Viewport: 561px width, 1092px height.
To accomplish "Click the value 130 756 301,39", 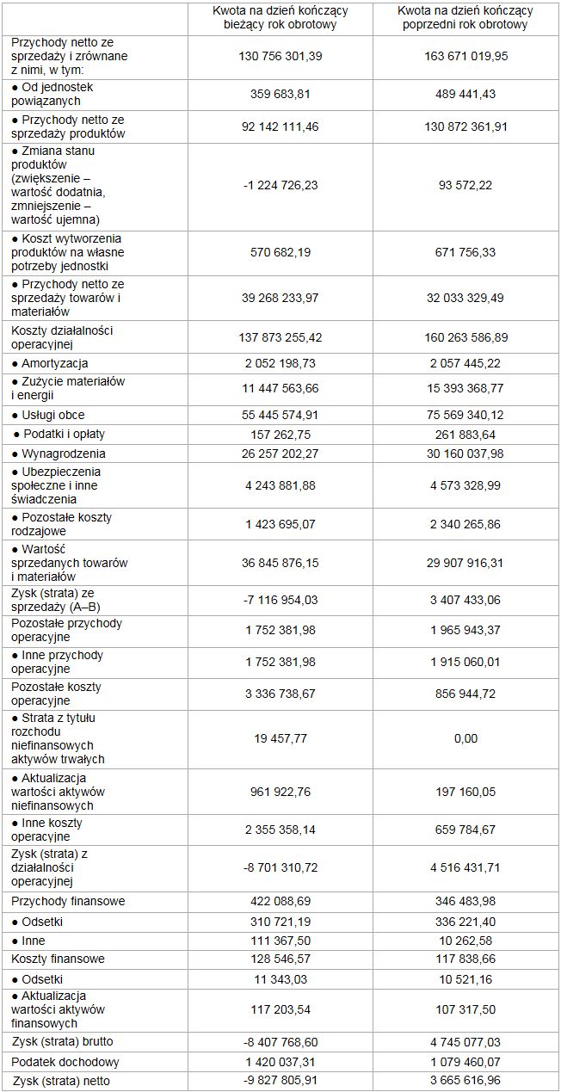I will pos(280,56).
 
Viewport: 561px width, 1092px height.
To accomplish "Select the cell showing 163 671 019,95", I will pos(465,56).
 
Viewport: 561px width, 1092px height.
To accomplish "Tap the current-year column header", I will pos(280,18).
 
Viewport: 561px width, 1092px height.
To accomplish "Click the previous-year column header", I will pos(465,18).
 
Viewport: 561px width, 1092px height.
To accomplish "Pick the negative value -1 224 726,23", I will pos(280,185).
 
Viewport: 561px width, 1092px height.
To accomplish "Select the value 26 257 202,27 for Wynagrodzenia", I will pos(280,453).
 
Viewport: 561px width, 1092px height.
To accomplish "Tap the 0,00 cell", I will pos(465,738).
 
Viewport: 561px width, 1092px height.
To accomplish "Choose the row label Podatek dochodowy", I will pos(65,1062).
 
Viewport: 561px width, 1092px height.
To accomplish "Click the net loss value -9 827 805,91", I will pos(280,1081).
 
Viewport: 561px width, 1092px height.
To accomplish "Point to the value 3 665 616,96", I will pos(465,1081).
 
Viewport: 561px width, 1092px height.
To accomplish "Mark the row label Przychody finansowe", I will pos(68,901).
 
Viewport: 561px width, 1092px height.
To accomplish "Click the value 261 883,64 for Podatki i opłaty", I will pos(465,434).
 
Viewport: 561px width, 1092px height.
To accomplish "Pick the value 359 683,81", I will pos(280,94).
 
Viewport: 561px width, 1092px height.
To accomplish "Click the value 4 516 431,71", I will pos(465,867).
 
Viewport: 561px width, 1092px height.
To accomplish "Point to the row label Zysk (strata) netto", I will pos(61,1081).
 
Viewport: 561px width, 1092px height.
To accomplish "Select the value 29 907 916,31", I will pos(465,563).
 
